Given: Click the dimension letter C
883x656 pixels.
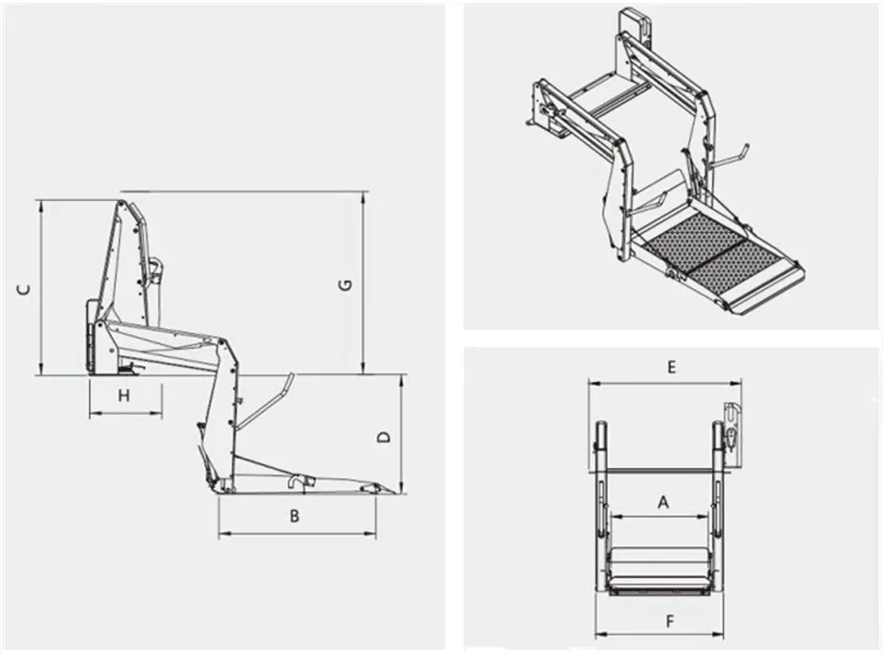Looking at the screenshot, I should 26,289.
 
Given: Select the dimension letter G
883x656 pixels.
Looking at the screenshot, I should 345,285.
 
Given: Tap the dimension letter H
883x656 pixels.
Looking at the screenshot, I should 125,395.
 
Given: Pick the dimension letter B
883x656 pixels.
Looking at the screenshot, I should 295,516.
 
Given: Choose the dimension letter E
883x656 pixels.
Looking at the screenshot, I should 671,367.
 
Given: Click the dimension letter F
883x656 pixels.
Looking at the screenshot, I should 670,621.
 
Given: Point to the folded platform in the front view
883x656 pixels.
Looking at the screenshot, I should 658,567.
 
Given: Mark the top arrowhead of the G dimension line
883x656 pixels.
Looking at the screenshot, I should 365,195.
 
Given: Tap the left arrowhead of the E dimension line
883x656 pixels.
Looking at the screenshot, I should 592,383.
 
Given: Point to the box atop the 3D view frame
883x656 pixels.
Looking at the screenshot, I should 634,25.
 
